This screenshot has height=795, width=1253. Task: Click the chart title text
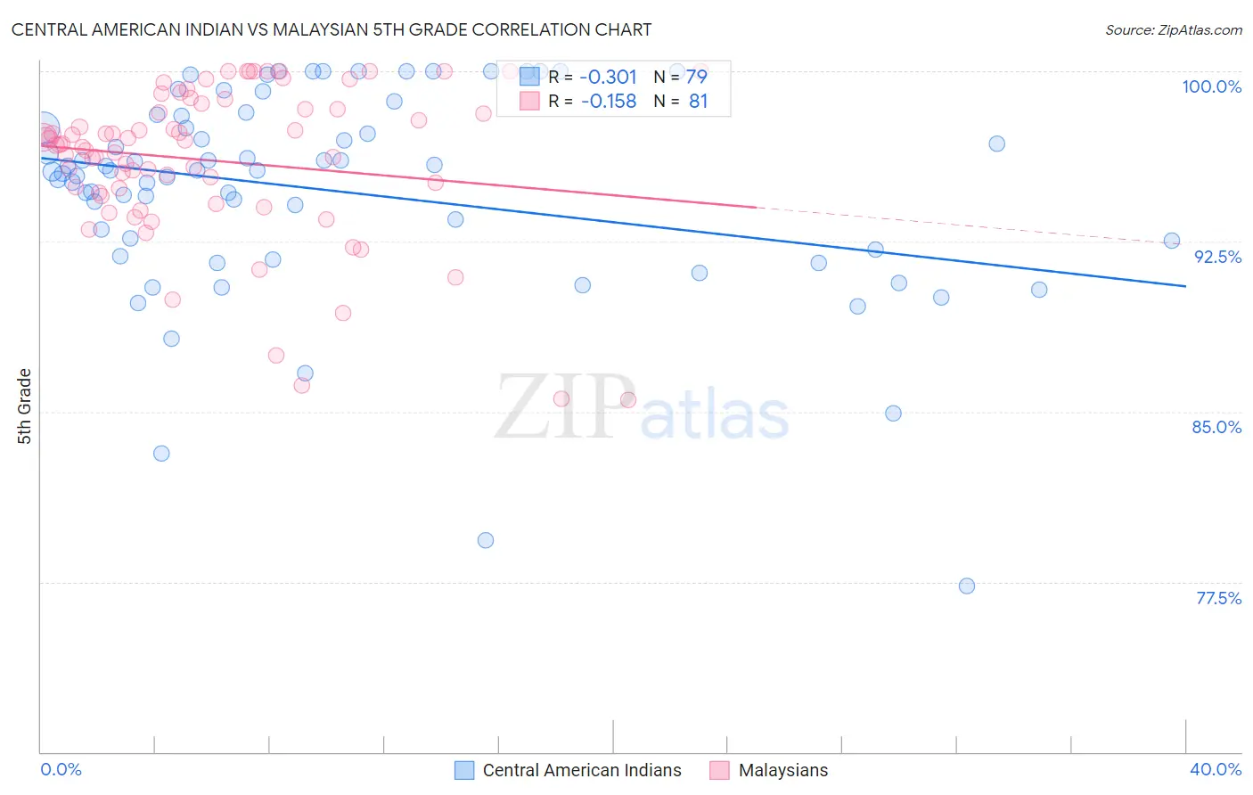point(332,29)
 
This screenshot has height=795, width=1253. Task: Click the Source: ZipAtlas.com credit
point(1173,29)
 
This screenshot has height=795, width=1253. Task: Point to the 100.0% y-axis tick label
point(1211,86)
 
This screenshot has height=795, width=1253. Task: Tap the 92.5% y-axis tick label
point(1217,257)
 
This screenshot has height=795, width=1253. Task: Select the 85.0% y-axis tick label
point(1216,427)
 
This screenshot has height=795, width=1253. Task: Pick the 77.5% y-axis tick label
point(1218,598)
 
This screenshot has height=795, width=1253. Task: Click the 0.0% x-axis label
point(61,769)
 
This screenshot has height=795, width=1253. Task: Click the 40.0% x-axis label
point(1215,769)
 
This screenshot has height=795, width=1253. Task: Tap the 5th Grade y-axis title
point(25,406)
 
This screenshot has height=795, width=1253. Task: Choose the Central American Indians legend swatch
point(464,770)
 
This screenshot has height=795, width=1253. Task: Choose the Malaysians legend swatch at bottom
point(720,770)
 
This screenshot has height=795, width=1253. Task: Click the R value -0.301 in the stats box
point(608,77)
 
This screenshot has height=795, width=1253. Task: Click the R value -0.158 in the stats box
point(608,102)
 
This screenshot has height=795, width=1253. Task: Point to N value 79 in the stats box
point(697,77)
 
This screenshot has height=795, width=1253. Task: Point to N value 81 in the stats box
point(698,102)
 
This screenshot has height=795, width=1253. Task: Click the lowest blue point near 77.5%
point(967,586)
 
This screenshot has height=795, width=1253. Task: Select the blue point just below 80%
point(486,540)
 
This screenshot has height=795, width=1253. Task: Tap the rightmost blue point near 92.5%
point(1172,241)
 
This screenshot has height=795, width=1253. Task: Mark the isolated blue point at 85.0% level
point(893,414)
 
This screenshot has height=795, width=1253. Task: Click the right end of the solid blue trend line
point(1185,286)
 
